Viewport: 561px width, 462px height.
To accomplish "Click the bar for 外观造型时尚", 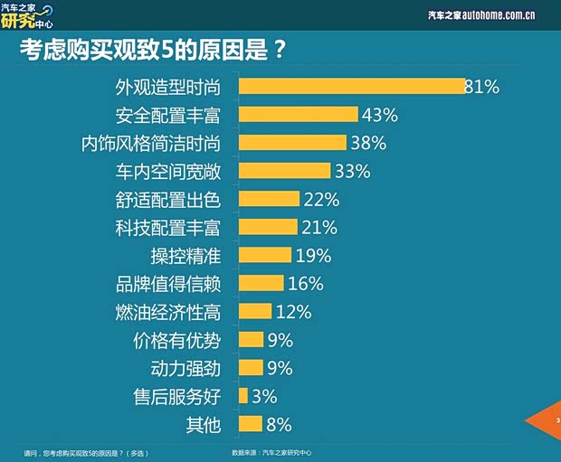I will (351, 86).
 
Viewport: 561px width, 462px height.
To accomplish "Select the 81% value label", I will (481, 86).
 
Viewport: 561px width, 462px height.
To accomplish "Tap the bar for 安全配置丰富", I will (298, 114).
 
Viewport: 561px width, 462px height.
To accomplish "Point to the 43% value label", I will (380, 114).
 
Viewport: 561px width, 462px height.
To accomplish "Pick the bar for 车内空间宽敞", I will (284, 171).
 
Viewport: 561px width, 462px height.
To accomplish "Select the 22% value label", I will (320, 199).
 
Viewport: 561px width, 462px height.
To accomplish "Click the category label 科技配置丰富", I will (172, 227).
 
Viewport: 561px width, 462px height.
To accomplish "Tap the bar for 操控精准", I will (265, 255).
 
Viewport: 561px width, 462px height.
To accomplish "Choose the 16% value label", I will (305, 283).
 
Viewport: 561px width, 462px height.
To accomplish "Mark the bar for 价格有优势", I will (251, 340).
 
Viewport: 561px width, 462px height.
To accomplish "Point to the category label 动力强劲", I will (185, 368).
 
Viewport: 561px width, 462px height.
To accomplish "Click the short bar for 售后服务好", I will (242, 396).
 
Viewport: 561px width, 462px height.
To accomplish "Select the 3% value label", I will (264, 396).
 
